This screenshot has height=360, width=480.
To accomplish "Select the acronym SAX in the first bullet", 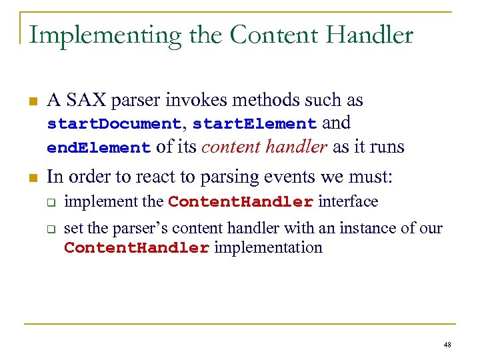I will click(x=85, y=101).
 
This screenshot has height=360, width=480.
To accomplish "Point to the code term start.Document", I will click(x=113, y=125).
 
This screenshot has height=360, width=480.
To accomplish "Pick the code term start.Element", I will click(x=255, y=125).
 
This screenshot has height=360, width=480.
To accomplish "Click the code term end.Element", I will click(x=99, y=148).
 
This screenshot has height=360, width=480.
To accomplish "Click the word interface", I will click(x=348, y=201).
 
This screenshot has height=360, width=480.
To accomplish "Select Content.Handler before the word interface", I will click(x=241, y=202).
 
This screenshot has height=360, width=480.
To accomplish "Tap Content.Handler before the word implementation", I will click(x=137, y=249).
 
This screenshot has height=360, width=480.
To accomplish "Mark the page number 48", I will click(x=447, y=345).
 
